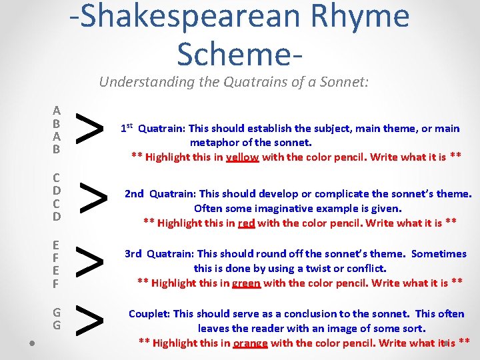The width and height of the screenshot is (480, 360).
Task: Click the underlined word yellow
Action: pyautogui.click(x=243, y=157)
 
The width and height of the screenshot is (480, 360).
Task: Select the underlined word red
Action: pyautogui.click(x=246, y=223)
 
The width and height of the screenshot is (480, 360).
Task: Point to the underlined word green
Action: pyautogui.click(x=246, y=283)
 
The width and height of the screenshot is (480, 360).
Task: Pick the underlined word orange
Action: pyautogui.click(x=251, y=343)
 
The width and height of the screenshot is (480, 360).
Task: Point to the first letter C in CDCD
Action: pyautogui.click(x=57, y=178)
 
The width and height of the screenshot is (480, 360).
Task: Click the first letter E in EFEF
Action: pyautogui.click(x=57, y=245)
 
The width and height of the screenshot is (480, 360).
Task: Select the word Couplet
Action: pyautogui.click(x=149, y=313)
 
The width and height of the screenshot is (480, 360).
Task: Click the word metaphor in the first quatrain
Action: pyautogui.click(x=213, y=143)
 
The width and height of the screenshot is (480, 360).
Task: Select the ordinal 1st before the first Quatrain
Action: pyautogui.click(x=127, y=127)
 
